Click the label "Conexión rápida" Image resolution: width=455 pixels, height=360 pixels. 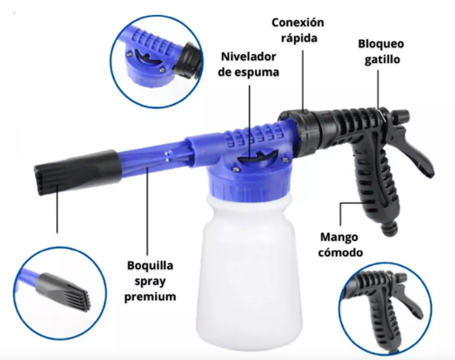(x=298, y=30)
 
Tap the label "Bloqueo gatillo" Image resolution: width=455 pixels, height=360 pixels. (x=381, y=52)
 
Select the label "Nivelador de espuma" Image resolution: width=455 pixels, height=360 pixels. (x=249, y=64)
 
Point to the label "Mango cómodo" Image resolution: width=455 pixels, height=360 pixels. (x=340, y=245)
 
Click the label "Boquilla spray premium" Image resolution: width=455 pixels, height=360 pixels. (x=150, y=281)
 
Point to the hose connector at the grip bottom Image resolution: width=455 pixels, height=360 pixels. (x=390, y=228)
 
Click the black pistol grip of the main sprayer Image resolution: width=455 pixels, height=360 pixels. (x=376, y=186)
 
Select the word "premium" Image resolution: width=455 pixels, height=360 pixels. (x=150, y=297)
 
